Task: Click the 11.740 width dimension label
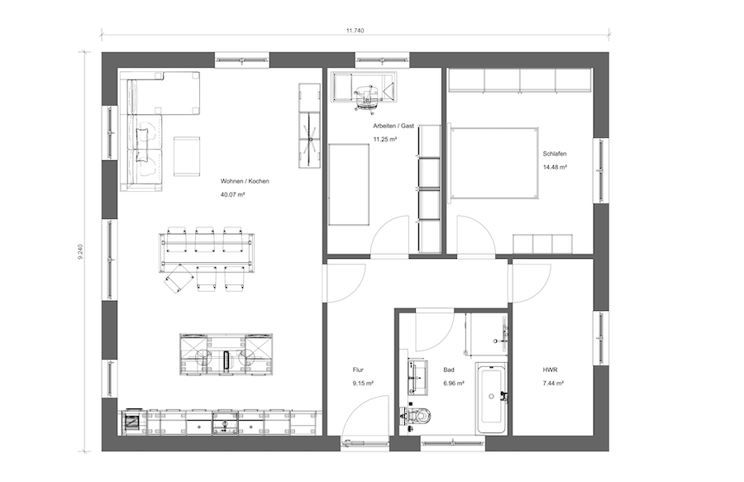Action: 355,31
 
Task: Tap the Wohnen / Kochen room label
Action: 245,181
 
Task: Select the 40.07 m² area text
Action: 232,194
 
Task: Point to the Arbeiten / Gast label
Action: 393,126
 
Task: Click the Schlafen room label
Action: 555,154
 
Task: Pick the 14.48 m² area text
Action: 556,167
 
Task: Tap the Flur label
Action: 358,370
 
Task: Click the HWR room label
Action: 550,370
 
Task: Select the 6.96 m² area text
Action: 454,384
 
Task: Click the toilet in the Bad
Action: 417,416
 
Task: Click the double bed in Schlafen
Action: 494,163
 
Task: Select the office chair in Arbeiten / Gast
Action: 367,98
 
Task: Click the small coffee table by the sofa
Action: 187,156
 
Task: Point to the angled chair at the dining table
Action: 177,279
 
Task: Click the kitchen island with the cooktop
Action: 227,355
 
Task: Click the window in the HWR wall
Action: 601,338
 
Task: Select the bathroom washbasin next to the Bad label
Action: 417,377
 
